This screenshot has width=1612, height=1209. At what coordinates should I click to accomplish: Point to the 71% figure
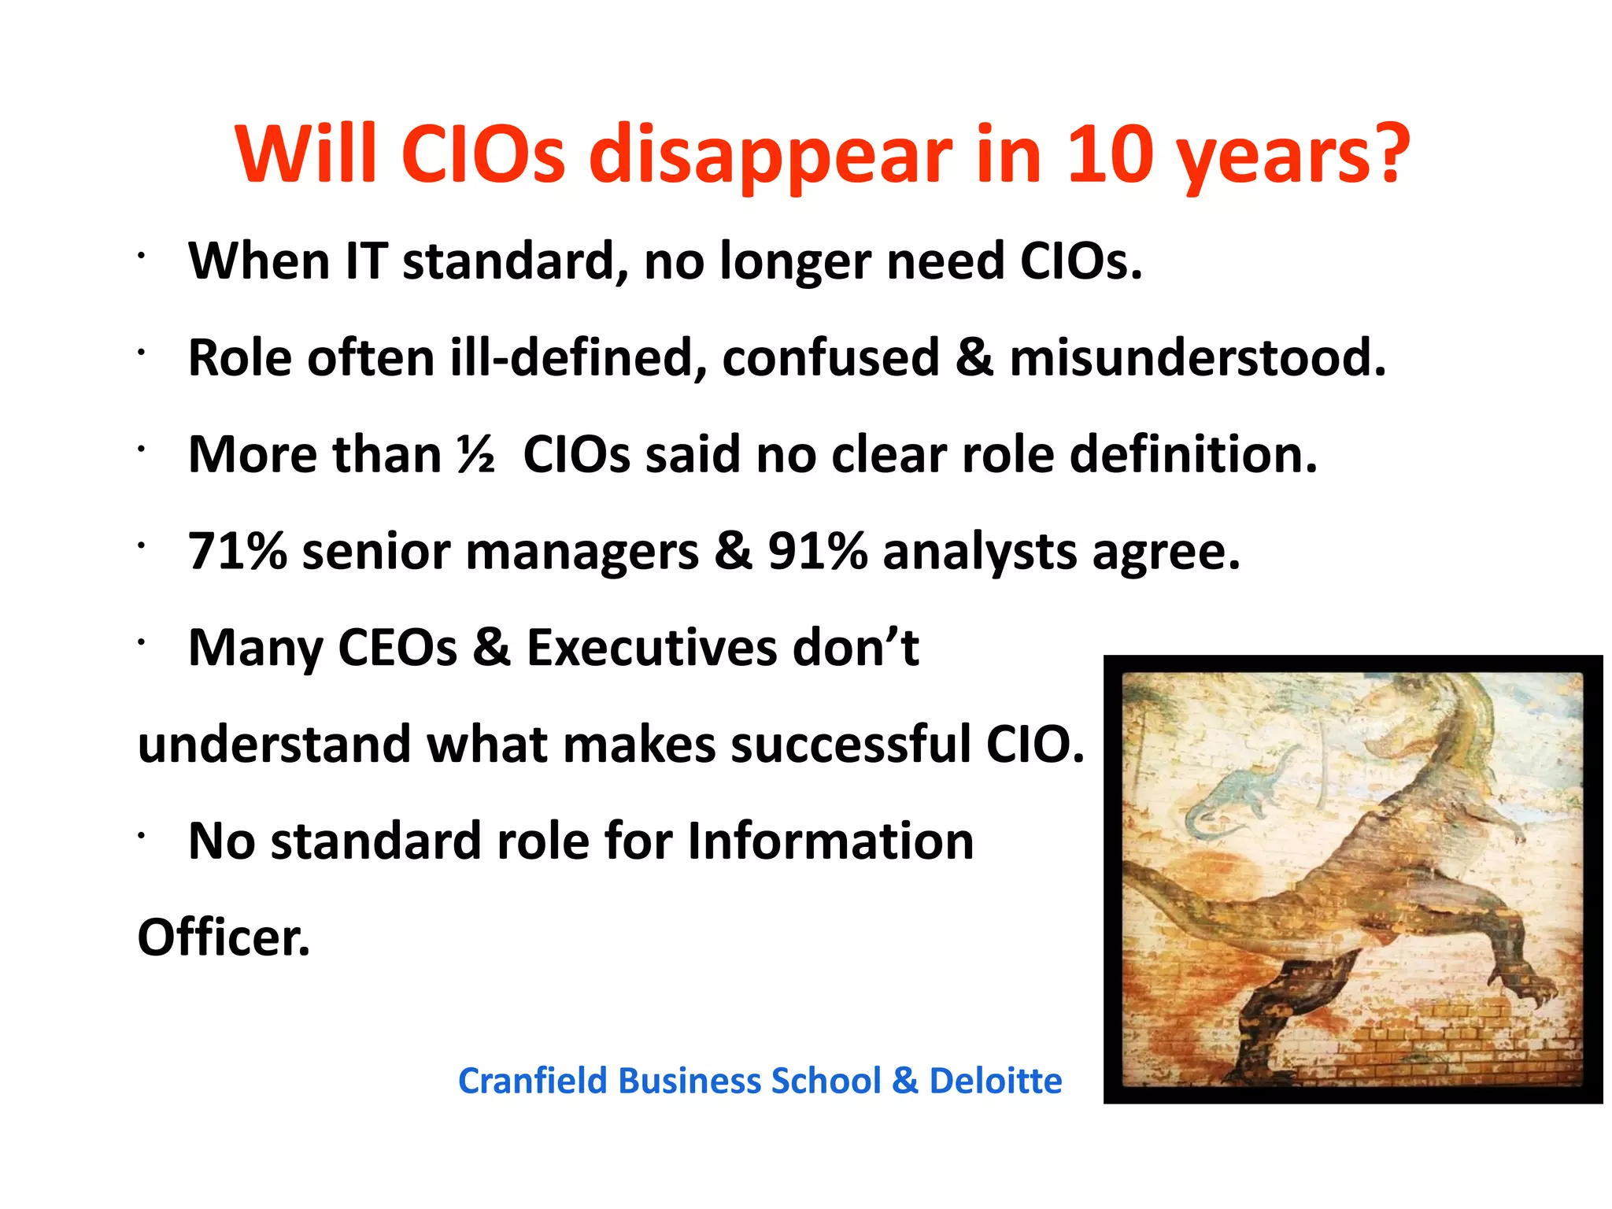[x=238, y=551]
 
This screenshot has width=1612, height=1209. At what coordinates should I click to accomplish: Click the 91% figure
[x=817, y=551]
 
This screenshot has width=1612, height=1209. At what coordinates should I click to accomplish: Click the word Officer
[x=224, y=937]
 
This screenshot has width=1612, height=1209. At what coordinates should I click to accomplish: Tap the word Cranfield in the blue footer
[x=532, y=1081]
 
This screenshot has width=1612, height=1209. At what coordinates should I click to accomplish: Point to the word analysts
[x=979, y=551]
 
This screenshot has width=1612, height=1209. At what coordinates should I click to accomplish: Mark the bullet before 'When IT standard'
[x=140, y=255]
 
